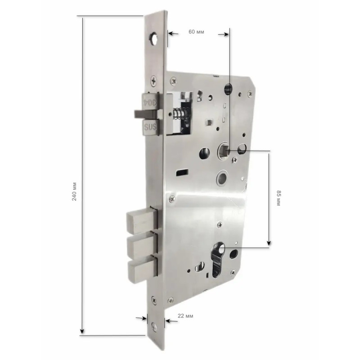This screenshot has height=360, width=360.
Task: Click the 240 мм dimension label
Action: [74, 192]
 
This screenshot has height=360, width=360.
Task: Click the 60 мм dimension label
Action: [196, 31]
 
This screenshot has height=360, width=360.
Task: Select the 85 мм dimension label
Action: [279, 198]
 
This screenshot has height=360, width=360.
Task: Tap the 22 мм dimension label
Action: [185, 316]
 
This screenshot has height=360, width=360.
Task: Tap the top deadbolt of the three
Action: [142, 220]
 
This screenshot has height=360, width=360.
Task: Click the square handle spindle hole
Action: [224, 150]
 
